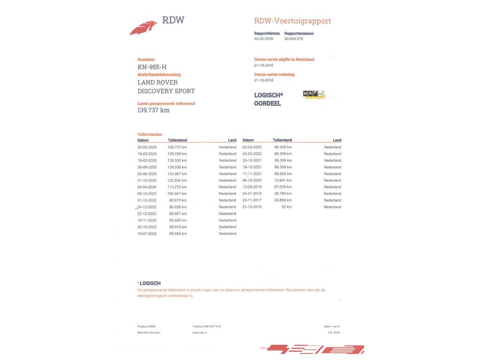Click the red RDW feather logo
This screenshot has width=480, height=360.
[143, 28]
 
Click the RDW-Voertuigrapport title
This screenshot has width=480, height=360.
[292, 21]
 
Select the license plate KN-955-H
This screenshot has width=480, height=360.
[152, 67]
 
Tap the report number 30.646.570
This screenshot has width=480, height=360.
[293, 39]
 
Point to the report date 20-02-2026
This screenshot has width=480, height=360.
[263, 39]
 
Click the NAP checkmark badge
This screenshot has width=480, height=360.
[314, 94]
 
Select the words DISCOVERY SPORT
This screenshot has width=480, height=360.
[166, 91]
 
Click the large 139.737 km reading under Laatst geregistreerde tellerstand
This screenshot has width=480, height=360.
[153, 110]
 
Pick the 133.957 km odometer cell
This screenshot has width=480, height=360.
[177, 174]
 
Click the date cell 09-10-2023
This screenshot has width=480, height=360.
[147, 194]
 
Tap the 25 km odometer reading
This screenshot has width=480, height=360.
[286, 207]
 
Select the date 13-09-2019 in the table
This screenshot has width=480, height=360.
[252, 187]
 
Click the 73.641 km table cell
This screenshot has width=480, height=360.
[283, 180]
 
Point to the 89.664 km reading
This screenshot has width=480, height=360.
[178, 233]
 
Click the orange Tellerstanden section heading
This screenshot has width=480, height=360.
[150, 134]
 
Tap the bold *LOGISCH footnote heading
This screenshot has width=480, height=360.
[149, 283]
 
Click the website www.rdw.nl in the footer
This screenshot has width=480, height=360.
[199, 333]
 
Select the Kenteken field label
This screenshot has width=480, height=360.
[146, 60]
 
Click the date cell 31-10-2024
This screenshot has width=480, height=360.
[147, 180]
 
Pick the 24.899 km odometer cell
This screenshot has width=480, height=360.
[283, 200]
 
